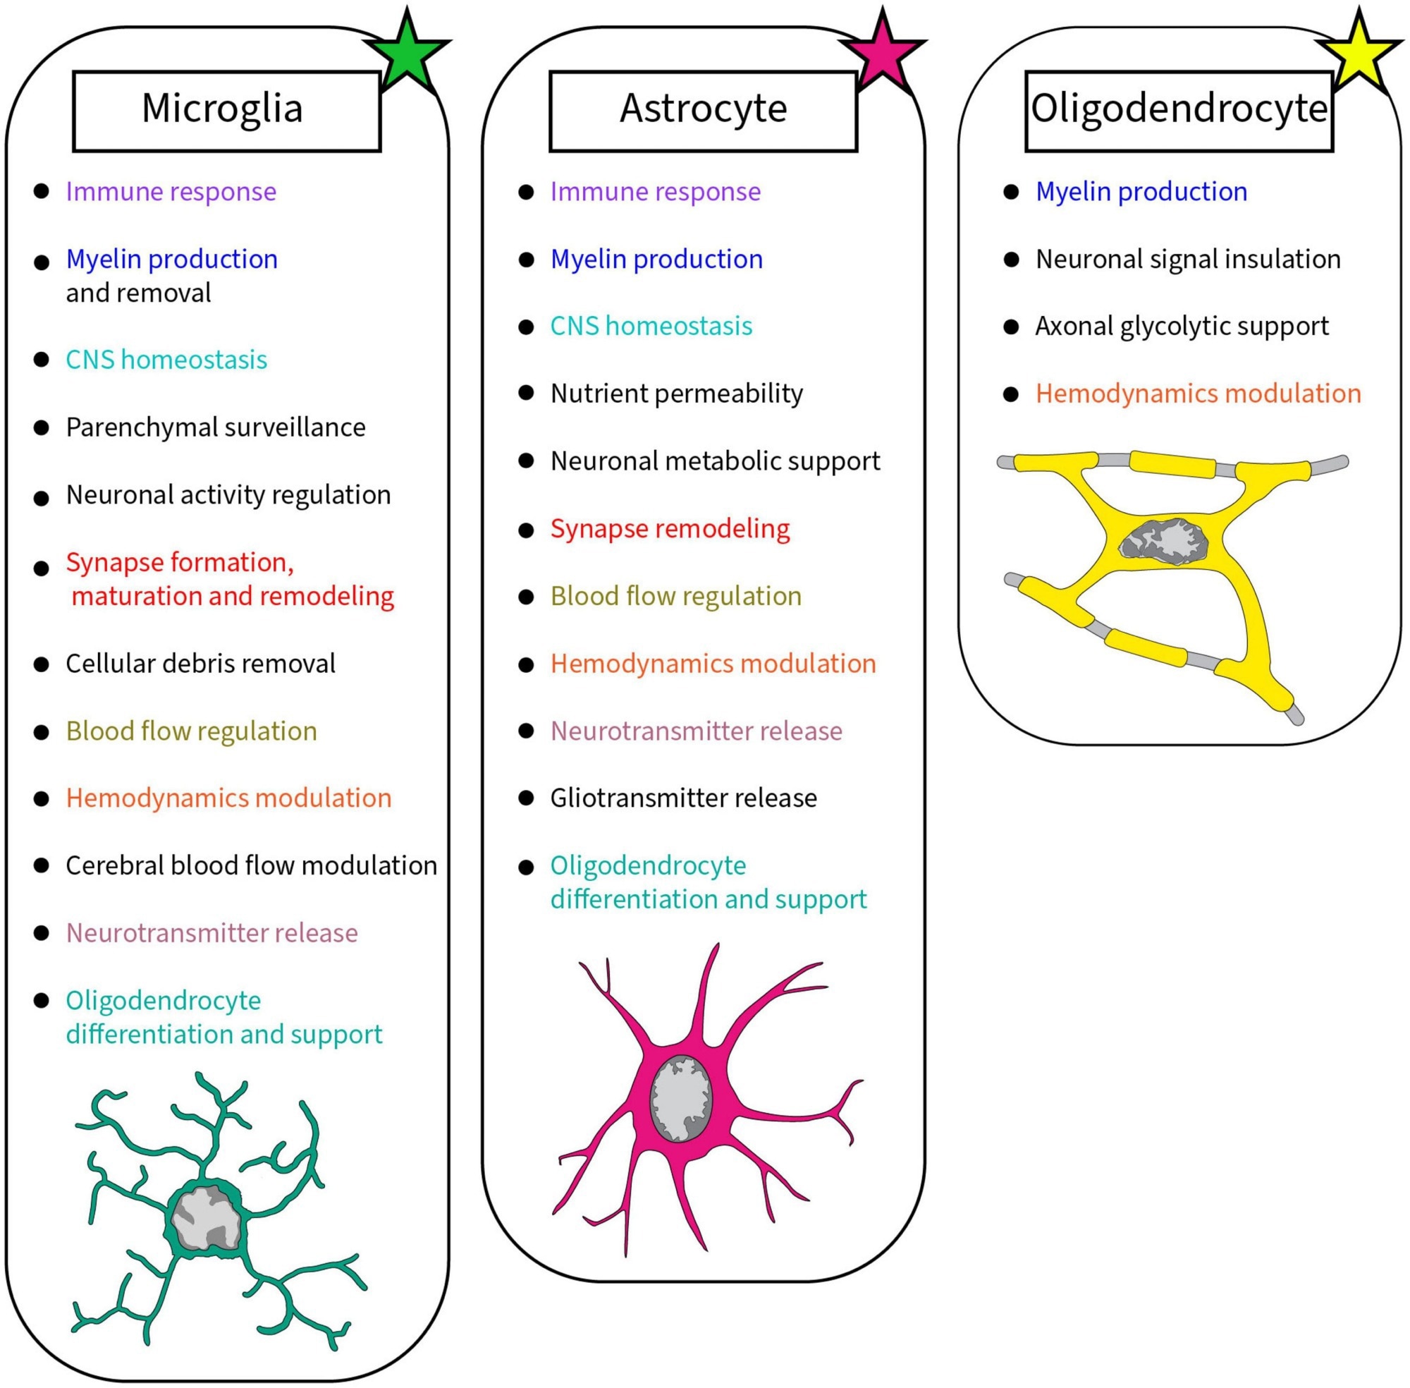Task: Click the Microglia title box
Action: coord(226,111)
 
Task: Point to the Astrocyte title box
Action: coord(702,111)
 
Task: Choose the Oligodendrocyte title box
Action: coord(1178,111)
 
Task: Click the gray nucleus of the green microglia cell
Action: coord(207,1217)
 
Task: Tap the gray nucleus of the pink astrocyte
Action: coord(680,1098)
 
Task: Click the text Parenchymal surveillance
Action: coord(216,427)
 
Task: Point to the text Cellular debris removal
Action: coord(200,664)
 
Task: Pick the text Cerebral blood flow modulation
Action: coord(252,865)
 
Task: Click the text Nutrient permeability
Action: coord(676,394)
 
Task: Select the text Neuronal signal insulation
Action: coord(1188,259)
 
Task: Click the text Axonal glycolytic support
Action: coord(1182,326)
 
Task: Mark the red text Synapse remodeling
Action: coord(670,528)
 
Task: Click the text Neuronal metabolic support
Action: coord(715,461)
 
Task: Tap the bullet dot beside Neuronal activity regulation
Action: coord(42,499)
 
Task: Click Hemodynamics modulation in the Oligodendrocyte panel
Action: coord(1198,394)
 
